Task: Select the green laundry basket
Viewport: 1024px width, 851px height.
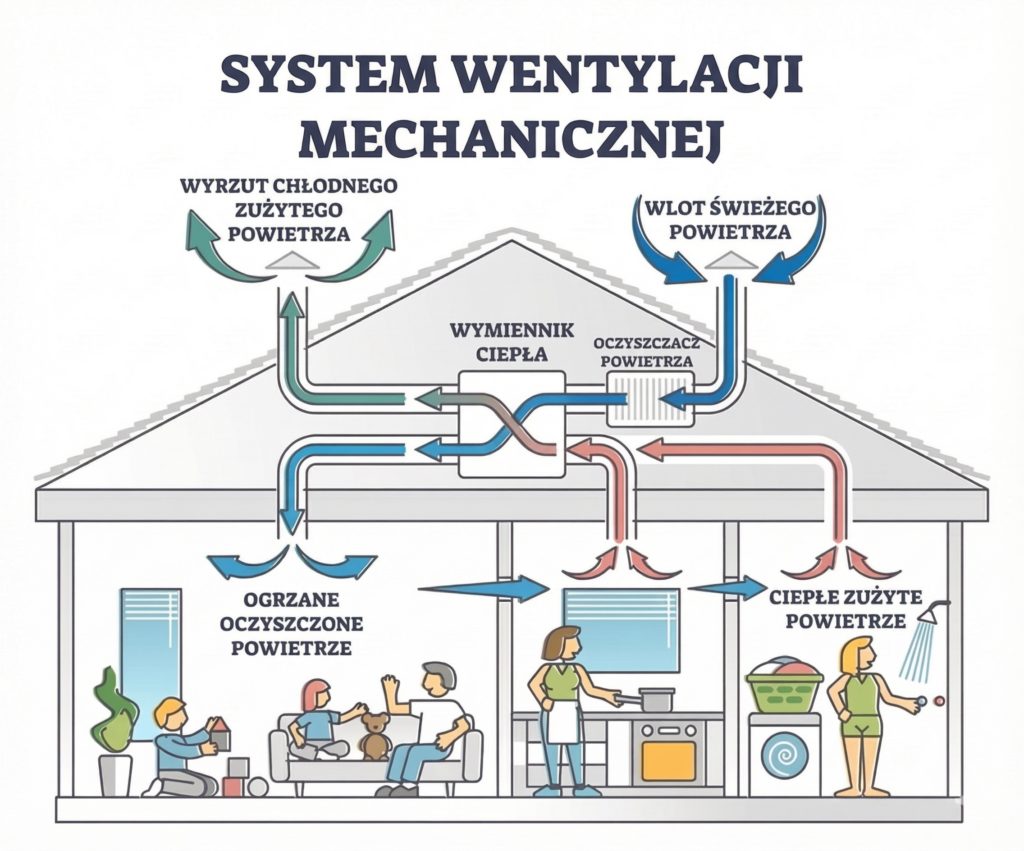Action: [784, 689]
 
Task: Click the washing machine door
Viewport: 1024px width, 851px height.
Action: [785, 757]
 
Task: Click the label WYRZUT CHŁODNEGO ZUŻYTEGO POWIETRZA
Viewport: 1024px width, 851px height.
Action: [289, 210]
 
